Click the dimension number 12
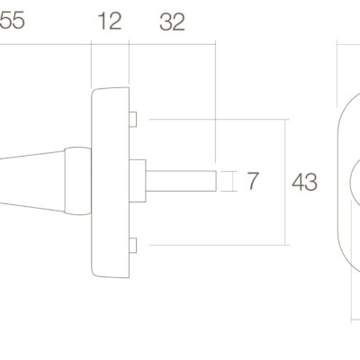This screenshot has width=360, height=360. pyautogui.click(x=110, y=21)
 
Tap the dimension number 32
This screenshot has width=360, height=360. pyautogui.click(x=172, y=22)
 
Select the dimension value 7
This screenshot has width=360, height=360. pyautogui.click(x=252, y=181)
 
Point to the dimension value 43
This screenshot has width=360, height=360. pyautogui.click(x=304, y=182)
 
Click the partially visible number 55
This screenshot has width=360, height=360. pyautogui.click(x=12, y=21)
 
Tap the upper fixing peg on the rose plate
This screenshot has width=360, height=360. pyautogui.click(x=133, y=119)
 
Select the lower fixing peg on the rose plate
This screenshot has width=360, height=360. pyautogui.click(x=133, y=245)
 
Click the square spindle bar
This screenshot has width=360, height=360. pyautogui.click(x=181, y=181)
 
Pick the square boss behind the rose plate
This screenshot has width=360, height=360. pyautogui.click(x=138, y=181)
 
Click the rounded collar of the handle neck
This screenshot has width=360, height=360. pyautogui.click(x=78, y=181)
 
